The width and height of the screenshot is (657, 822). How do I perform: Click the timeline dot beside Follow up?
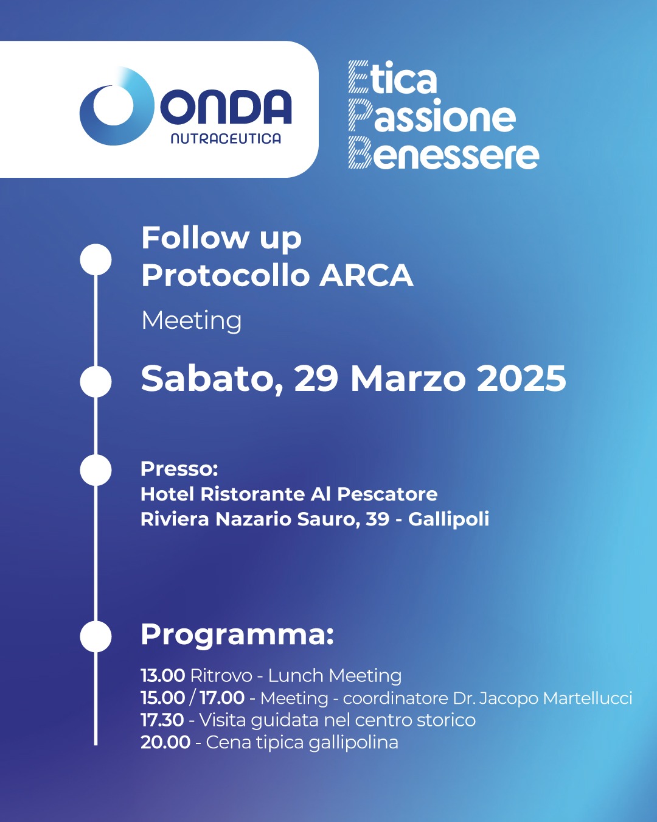tap(96, 259)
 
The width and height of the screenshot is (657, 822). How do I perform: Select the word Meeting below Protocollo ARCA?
tap(191, 321)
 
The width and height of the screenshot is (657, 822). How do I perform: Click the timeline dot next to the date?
tap(96, 382)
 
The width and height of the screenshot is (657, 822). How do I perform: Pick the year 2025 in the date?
tap(521, 379)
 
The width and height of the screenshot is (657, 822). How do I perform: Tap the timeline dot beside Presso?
tap(96, 470)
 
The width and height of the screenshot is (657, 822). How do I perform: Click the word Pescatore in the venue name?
tap(388, 494)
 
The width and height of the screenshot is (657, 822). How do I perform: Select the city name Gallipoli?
tap(448, 519)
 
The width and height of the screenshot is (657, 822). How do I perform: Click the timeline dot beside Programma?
tap(96, 636)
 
